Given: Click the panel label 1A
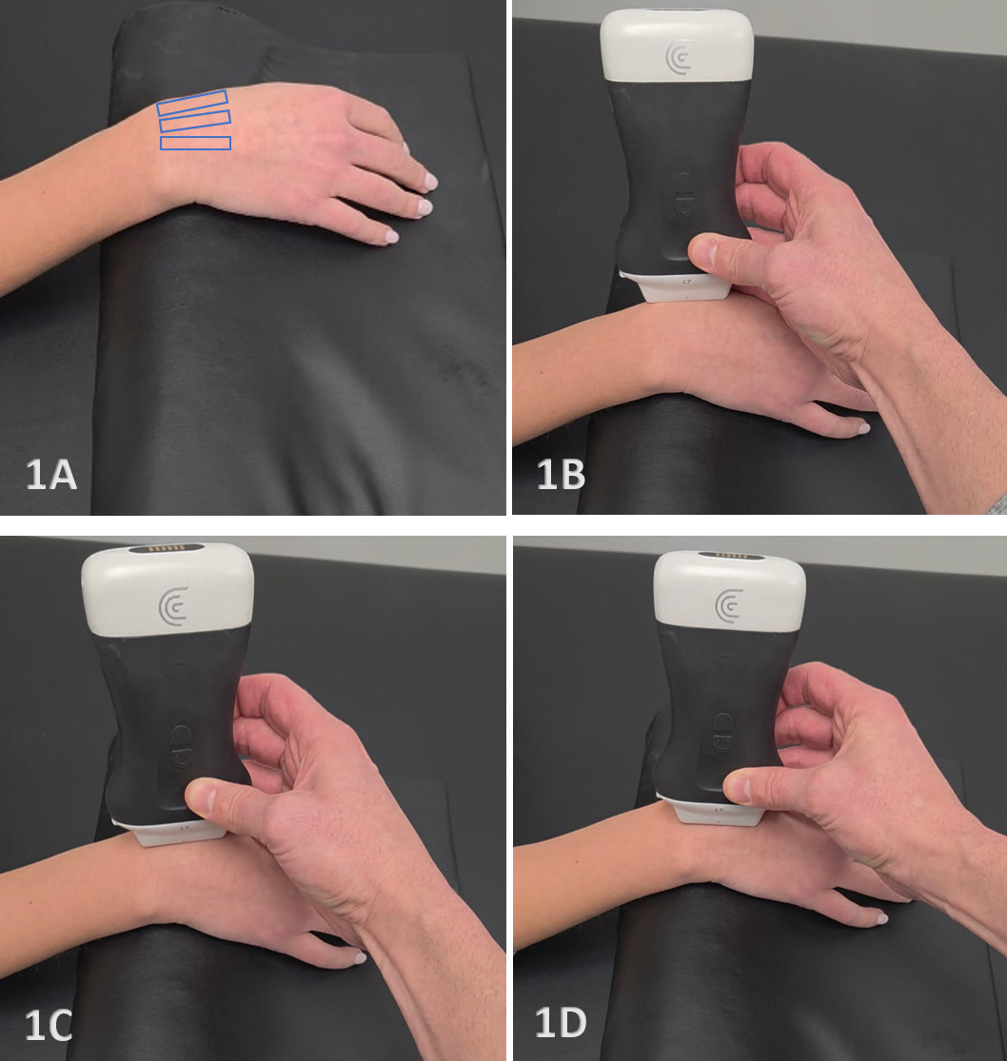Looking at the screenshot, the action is tap(50, 474).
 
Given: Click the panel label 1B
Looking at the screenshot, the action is tap(561, 474).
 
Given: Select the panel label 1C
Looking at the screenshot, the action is tap(49, 1025).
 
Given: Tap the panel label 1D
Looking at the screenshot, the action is tap(561, 1023).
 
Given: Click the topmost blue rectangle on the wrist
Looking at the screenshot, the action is tap(192, 102).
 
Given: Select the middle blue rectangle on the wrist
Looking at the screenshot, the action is tap(195, 121).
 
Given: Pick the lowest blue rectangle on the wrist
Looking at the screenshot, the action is tap(195, 143).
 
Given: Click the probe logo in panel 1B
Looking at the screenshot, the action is tap(678, 57).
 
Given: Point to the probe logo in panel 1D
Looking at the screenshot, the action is tap(729, 604).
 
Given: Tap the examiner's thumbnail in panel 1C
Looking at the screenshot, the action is tap(197, 797).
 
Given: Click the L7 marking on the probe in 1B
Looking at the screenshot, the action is tap(686, 281).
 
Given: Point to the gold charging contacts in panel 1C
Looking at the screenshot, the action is tap(168, 548).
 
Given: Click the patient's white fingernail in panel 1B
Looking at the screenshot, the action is tap(863, 427).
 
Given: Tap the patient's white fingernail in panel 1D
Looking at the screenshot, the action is tap(881, 918).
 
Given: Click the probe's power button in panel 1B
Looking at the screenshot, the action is tap(683, 197).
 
